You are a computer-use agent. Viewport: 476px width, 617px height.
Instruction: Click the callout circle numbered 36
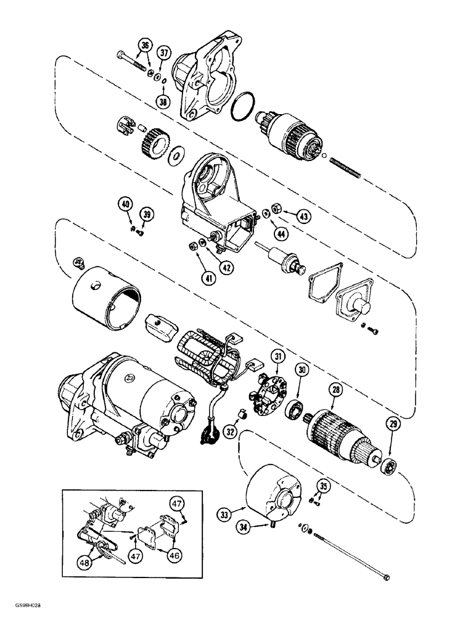click(145, 45)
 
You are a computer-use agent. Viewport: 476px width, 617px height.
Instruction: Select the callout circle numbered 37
click(164, 54)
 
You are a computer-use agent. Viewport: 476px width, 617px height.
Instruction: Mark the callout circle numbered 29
click(393, 423)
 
